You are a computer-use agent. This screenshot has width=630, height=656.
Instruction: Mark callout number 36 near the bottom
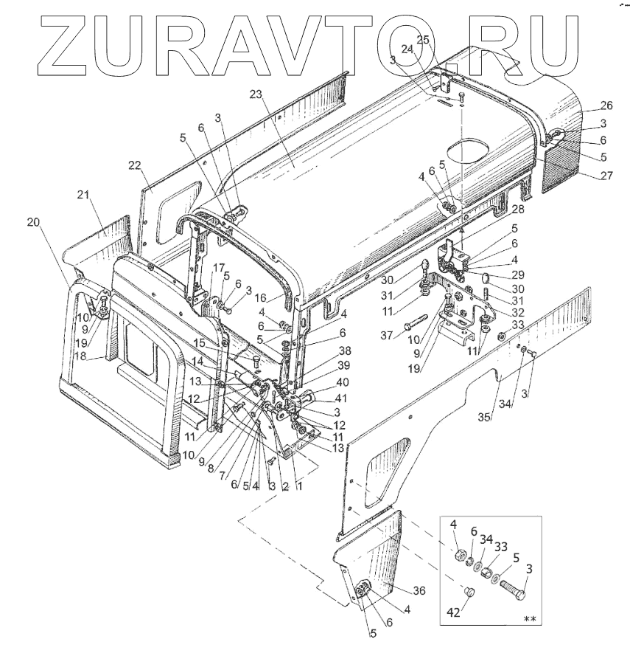[x=419, y=590]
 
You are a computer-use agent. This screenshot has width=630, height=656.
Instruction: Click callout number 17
[x=219, y=267]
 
